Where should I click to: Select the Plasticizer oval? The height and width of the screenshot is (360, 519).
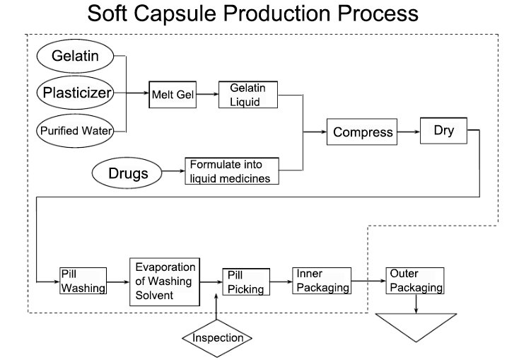tap(78, 93)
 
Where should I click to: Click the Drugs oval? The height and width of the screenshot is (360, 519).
tap(127, 172)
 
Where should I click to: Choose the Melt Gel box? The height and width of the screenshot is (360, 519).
tap(171, 93)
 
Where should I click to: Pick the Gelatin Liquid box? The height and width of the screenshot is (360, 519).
tap(247, 95)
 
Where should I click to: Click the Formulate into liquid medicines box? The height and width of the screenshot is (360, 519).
tap(232, 171)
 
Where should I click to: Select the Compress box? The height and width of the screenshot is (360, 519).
tap(361, 132)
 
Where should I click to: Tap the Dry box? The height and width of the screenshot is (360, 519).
tap(444, 131)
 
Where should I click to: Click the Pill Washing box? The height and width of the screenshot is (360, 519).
tap(83, 281)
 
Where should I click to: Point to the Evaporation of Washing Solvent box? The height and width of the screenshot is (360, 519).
tap(164, 281)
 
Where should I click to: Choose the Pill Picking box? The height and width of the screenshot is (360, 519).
tap(245, 281)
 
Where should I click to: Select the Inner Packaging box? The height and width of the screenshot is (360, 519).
tap(322, 281)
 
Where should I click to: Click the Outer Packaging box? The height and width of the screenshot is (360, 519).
tap(415, 281)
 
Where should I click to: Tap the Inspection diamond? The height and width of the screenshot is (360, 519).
tap(217, 337)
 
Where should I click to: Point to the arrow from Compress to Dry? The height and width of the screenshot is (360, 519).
tap(408, 132)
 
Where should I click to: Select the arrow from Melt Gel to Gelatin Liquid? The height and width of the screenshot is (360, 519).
tap(206, 93)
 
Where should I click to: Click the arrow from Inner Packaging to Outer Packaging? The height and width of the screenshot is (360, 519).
tap(368, 281)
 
